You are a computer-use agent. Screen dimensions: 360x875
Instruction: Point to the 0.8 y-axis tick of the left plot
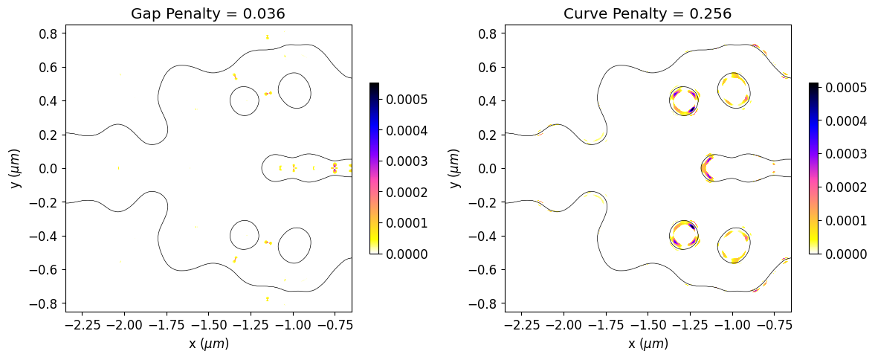49,33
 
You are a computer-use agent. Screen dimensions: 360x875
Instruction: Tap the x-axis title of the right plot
648,344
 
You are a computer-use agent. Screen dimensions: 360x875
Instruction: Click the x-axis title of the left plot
208,344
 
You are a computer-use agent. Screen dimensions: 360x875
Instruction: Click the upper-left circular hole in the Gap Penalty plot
244,100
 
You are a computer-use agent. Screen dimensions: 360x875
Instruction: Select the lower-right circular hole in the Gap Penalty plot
294,245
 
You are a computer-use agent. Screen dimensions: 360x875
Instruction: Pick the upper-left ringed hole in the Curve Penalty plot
683,100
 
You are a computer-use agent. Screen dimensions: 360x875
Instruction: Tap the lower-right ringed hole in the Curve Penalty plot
734,245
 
